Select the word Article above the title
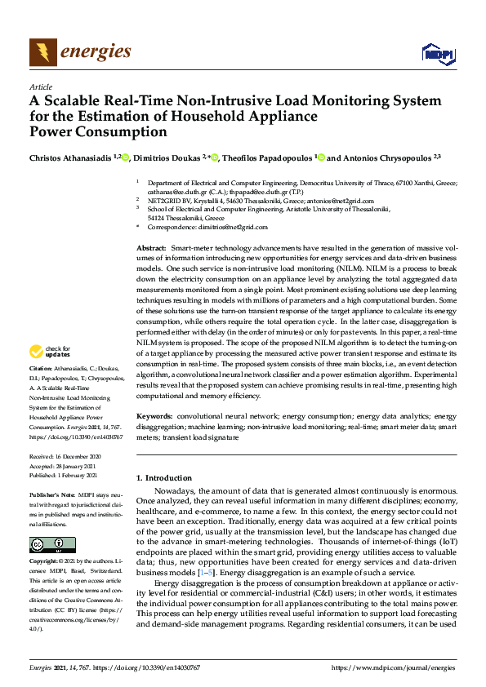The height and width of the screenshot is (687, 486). click(x=40, y=86)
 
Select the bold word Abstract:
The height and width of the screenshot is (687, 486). click(x=151, y=247)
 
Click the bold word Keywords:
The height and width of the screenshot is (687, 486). click(x=154, y=417)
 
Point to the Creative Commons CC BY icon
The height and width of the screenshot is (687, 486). click(x=42, y=544)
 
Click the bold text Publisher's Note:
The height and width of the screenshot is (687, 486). click(x=51, y=495)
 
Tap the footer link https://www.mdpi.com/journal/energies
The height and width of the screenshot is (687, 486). click(x=393, y=667)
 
